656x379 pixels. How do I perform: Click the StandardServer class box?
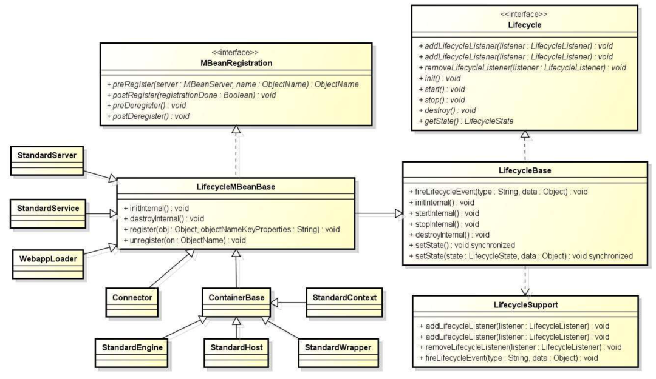(x=47, y=161)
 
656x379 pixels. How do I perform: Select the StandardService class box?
(x=48, y=213)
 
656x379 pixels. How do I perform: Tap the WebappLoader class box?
(x=48, y=264)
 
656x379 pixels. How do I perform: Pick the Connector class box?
(x=132, y=302)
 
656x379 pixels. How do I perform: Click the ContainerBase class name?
(x=236, y=298)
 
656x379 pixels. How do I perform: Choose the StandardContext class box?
(x=344, y=302)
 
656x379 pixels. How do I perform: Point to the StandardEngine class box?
(x=132, y=353)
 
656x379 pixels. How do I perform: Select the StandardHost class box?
(x=236, y=353)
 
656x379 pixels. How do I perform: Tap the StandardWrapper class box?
(x=338, y=353)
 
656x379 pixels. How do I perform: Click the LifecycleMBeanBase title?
(x=236, y=187)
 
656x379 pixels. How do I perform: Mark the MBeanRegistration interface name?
(x=236, y=63)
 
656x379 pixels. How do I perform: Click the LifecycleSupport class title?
(x=525, y=305)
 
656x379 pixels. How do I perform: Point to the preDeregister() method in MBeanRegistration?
(x=146, y=106)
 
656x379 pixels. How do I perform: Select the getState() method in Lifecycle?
(x=466, y=121)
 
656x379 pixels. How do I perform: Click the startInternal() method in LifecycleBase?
(x=444, y=213)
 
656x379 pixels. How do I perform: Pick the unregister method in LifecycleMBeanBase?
(x=185, y=240)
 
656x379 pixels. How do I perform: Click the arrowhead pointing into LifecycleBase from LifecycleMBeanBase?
(x=399, y=213)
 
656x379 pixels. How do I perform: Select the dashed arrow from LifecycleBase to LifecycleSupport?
(x=525, y=281)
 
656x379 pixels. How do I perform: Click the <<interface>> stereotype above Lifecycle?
(x=524, y=14)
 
